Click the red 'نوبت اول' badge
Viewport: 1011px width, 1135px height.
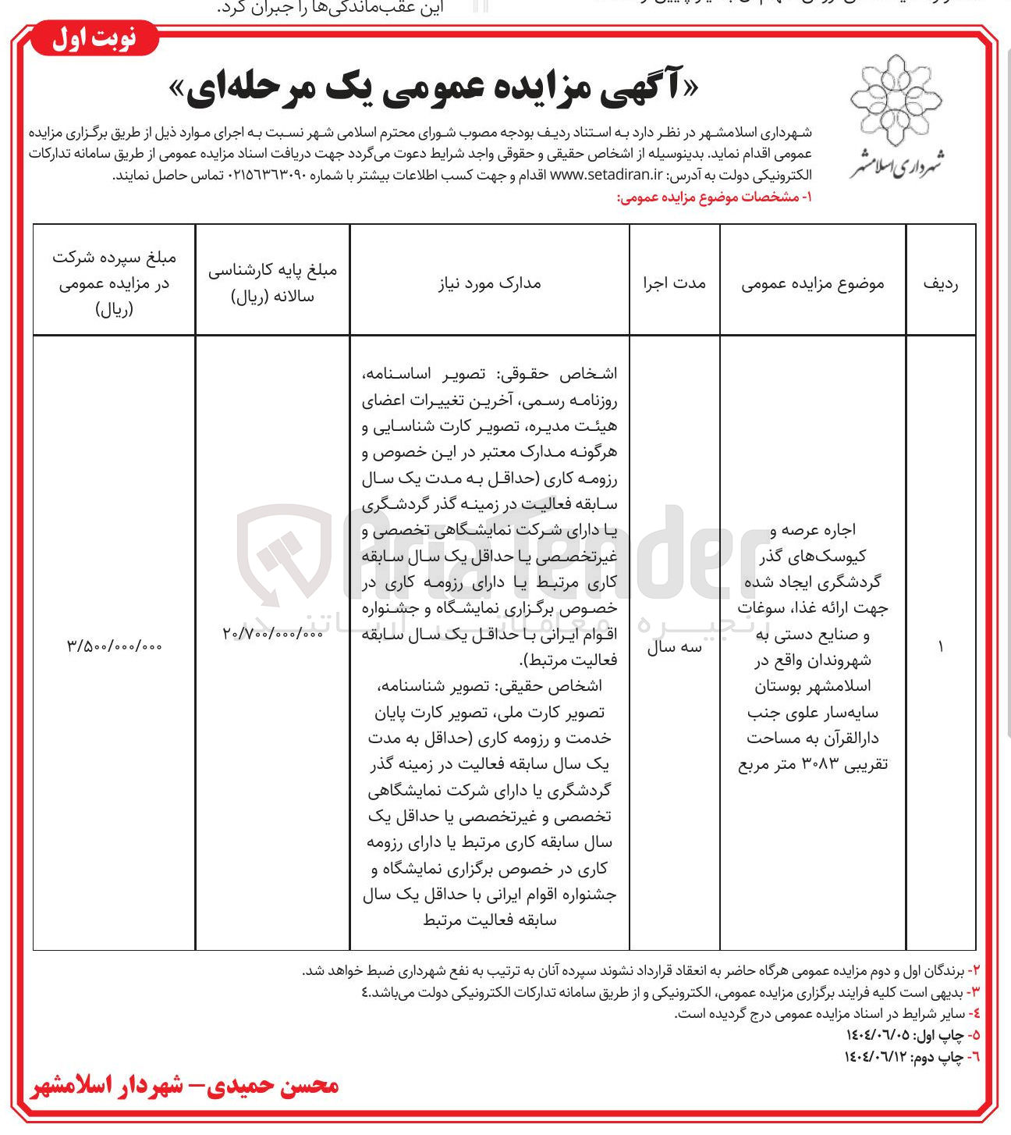tap(94, 39)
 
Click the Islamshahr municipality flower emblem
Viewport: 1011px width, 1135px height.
tap(896, 98)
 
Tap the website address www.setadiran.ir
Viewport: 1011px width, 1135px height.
tap(606, 176)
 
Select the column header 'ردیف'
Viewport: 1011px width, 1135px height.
tap(940, 283)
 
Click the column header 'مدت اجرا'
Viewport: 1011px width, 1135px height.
tap(674, 283)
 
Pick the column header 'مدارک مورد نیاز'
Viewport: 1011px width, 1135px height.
tap(489, 283)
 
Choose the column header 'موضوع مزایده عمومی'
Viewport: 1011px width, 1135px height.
tap(812, 283)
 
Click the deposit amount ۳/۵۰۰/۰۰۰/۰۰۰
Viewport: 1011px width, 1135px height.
tap(115, 646)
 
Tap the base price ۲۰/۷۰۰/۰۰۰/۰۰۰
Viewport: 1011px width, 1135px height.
tap(272, 635)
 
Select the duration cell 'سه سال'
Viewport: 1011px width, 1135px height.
tap(674, 647)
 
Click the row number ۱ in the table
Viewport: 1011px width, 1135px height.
tap(940, 647)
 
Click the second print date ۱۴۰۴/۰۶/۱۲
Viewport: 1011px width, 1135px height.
tap(876, 1056)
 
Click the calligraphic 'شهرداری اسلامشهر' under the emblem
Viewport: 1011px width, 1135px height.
tap(896, 162)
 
